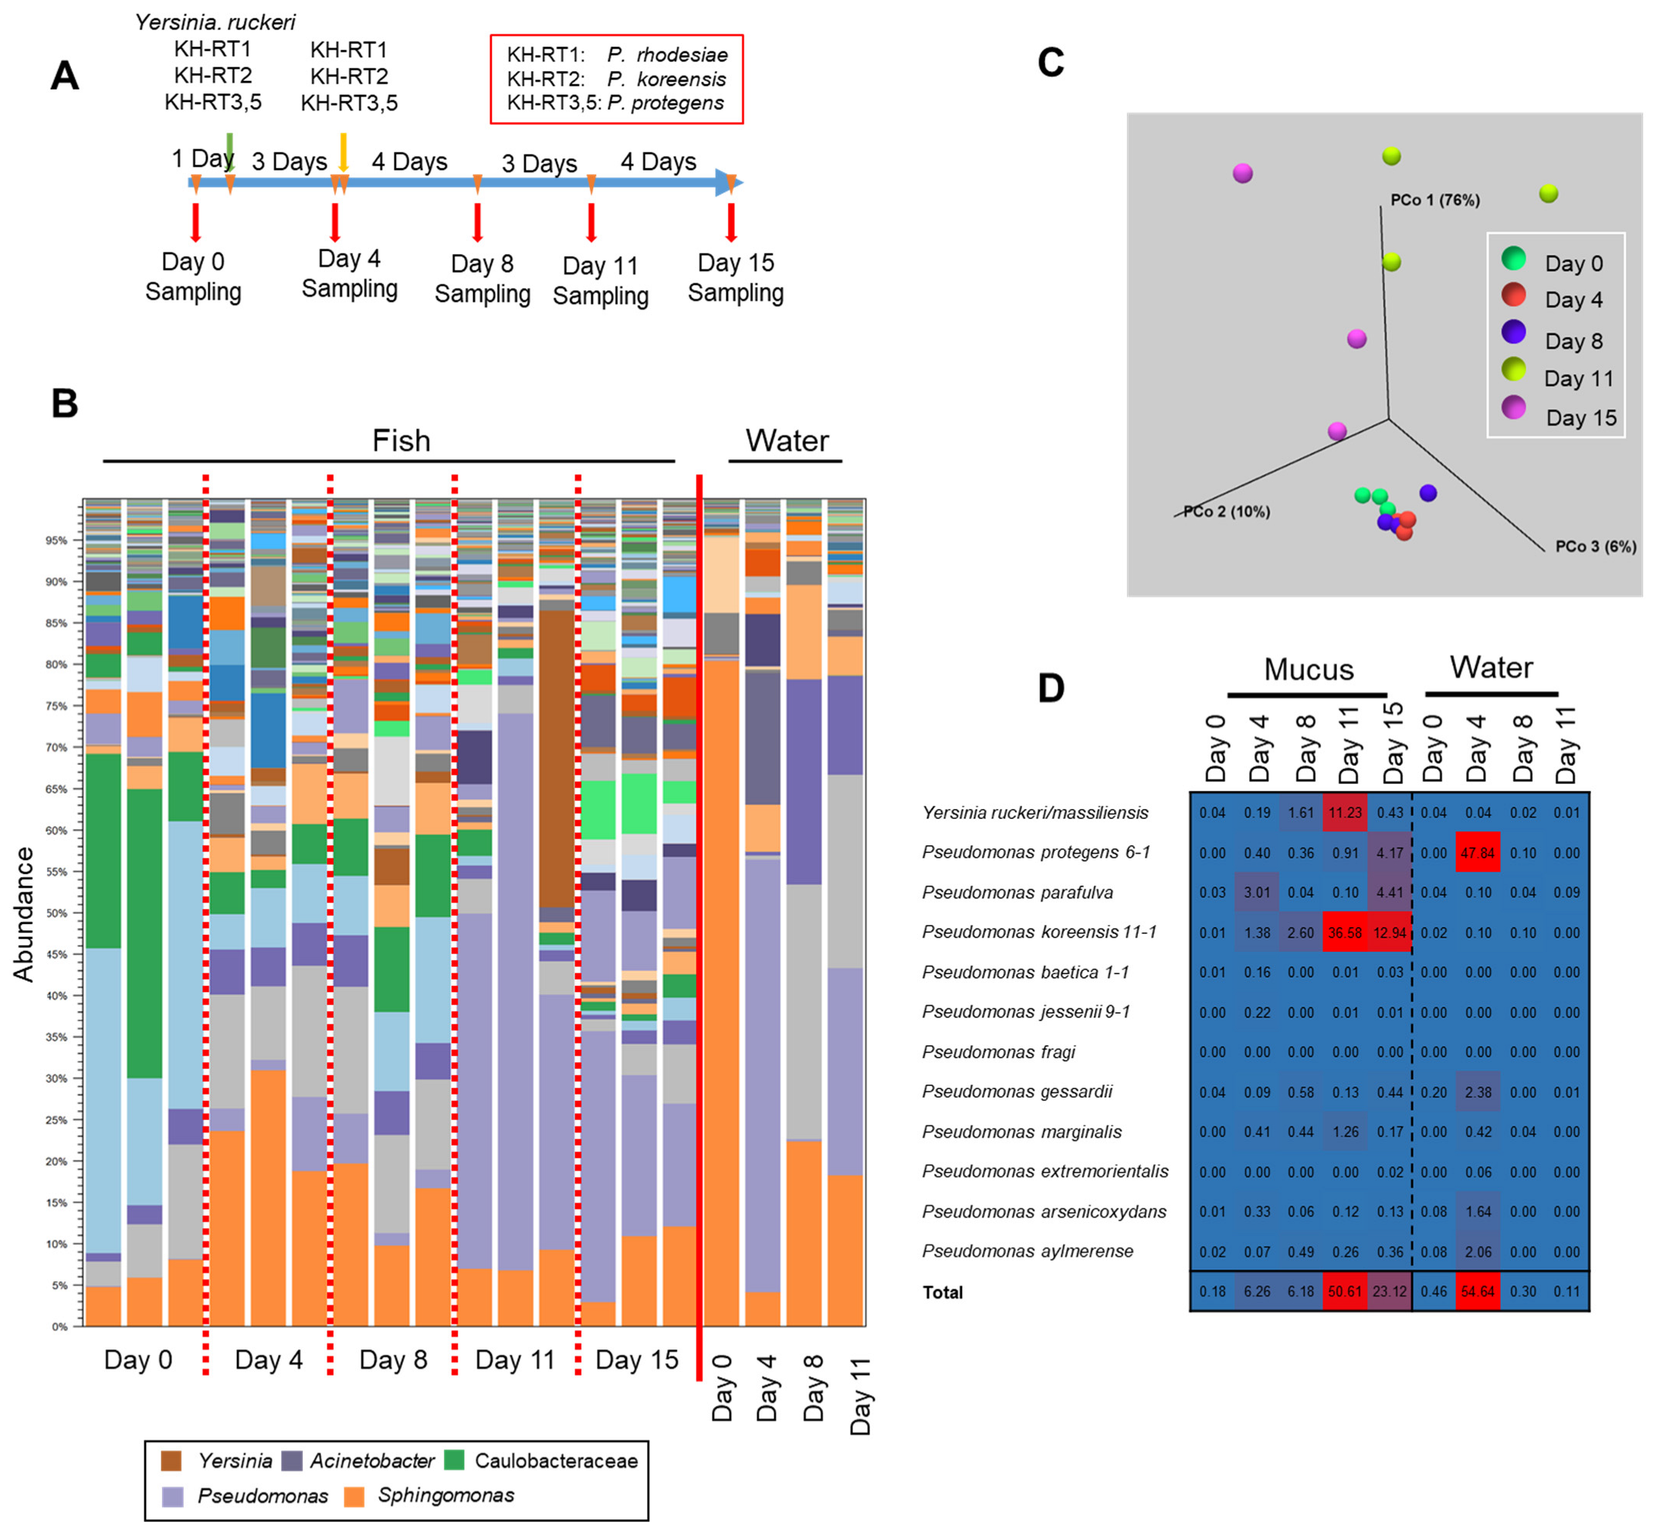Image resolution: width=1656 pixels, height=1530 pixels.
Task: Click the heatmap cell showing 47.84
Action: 1477,853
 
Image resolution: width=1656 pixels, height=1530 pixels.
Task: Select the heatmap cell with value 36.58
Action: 1345,933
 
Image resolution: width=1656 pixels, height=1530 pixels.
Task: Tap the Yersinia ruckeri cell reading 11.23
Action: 1345,813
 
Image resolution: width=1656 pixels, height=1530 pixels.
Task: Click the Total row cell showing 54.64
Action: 1477,1291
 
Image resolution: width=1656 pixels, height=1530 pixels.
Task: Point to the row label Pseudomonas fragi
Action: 997,1052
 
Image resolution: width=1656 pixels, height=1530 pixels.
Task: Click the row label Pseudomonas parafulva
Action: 1017,892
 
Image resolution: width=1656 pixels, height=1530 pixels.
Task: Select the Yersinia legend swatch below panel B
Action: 171,1461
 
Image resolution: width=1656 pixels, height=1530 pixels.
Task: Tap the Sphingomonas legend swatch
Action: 354,1496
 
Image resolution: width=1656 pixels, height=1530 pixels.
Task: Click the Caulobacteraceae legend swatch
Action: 454,1461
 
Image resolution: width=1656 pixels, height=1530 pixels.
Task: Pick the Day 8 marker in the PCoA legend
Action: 1514,332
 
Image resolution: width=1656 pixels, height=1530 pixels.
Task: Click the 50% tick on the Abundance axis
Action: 56,913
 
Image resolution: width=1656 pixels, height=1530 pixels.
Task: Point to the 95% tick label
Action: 56,540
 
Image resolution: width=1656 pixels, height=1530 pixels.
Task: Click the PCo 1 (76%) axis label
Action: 1435,199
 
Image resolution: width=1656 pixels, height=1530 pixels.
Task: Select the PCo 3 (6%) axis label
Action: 1595,547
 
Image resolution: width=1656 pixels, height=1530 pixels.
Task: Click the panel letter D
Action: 1051,688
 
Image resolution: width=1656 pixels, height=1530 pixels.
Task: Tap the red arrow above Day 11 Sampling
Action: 591,222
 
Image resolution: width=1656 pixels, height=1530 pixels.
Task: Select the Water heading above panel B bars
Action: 786,441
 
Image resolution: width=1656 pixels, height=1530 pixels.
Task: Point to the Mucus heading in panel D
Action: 1309,669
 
